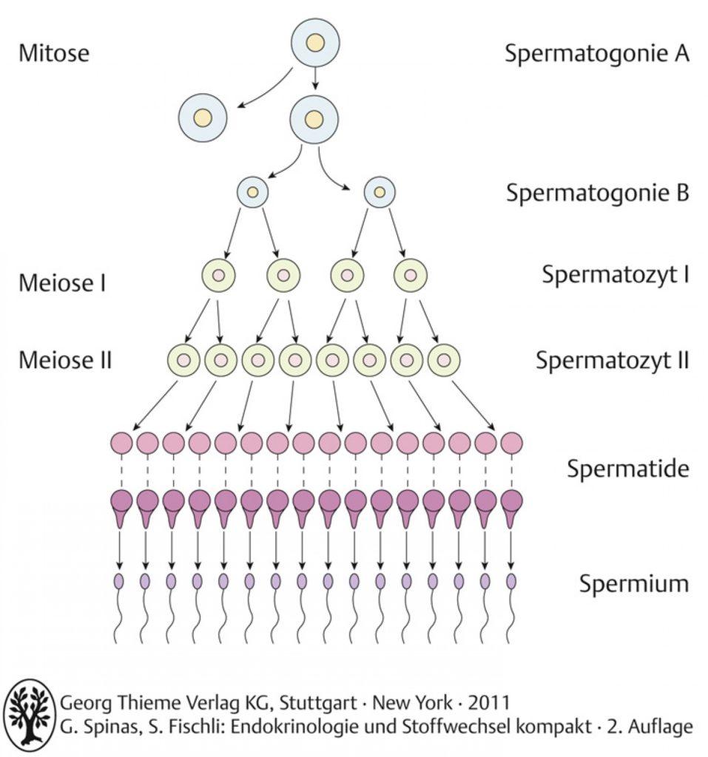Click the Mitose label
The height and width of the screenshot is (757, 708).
[x=54, y=52]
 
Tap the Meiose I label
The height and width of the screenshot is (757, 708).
[x=62, y=283]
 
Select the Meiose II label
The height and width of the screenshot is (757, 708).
[x=65, y=360]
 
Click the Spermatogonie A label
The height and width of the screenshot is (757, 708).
[x=597, y=54]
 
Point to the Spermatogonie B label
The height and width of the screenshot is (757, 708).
[x=598, y=193]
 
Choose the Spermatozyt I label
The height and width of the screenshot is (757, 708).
[x=616, y=275]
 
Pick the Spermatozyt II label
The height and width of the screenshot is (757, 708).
[x=613, y=361]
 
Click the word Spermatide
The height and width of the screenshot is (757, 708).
[x=628, y=469]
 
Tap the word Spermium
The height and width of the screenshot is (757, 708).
[x=635, y=584]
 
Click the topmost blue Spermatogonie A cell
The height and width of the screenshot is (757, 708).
[x=315, y=42]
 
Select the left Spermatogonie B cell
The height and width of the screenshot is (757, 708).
[x=252, y=192]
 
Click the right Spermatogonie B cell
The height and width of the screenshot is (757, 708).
[x=380, y=192]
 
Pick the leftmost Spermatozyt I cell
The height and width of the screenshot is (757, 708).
[x=218, y=276]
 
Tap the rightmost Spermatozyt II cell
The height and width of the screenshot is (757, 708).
[x=444, y=360]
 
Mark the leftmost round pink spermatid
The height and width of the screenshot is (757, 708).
[x=121, y=443]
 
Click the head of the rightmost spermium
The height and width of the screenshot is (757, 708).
[x=510, y=581]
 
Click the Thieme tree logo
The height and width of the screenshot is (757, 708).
[x=30, y=716]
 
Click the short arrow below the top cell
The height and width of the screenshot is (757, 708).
[x=315, y=78]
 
